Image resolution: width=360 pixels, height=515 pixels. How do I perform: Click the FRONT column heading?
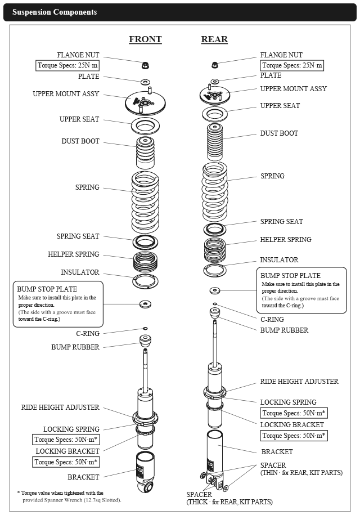click(x=145, y=39)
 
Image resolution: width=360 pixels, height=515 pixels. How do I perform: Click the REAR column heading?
click(x=214, y=39)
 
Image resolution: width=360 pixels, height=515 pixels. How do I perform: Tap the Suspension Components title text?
click(x=55, y=12)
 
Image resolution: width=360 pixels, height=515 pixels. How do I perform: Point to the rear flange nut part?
click(x=214, y=66)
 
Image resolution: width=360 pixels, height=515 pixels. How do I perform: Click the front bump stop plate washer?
click(x=146, y=304)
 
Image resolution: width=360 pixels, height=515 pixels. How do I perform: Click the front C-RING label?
click(x=88, y=334)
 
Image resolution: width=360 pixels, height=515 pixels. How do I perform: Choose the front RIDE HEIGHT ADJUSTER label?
click(x=60, y=407)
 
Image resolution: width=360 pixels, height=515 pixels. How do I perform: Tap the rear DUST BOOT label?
click(x=279, y=133)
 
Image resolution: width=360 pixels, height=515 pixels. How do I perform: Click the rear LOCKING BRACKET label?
click(x=292, y=425)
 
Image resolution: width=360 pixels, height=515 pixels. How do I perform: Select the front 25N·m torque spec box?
click(x=67, y=65)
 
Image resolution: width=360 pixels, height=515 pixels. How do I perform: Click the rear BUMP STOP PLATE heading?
click(x=290, y=276)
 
